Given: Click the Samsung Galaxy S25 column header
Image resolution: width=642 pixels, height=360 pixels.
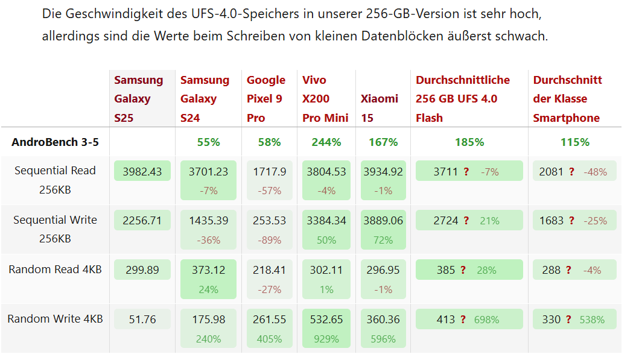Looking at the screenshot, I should click(x=139, y=99).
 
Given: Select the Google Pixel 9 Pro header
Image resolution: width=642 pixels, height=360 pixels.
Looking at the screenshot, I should click(x=266, y=99).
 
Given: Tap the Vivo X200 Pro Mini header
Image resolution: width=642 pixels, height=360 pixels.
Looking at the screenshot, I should click(x=326, y=99).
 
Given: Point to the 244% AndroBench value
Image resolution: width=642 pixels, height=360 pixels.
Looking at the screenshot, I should click(x=326, y=142).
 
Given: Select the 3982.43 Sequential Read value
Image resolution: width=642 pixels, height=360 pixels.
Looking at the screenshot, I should click(x=142, y=171).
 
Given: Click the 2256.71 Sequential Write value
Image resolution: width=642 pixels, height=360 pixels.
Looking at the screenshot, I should click(x=142, y=221).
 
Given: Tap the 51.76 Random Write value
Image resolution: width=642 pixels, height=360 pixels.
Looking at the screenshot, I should click(x=142, y=320).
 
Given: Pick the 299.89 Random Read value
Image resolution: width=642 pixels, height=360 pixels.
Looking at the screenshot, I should click(x=142, y=270).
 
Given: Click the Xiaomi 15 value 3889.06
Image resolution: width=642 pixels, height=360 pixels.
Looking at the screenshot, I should click(x=383, y=221).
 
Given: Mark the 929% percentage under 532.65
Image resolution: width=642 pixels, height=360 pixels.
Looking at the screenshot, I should click(x=326, y=339).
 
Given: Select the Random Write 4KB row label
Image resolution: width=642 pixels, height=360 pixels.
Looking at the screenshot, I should click(x=55, y=319).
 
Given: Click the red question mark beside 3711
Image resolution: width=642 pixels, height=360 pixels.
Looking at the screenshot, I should click(x=466, y=172).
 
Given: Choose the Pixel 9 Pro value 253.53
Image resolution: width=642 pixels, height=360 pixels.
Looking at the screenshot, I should click(x=270, y=221).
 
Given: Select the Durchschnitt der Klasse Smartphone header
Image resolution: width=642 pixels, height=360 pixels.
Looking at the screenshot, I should click(x=567, y=99).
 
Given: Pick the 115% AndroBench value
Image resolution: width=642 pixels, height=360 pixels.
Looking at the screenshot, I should click(x=574, y=142).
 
